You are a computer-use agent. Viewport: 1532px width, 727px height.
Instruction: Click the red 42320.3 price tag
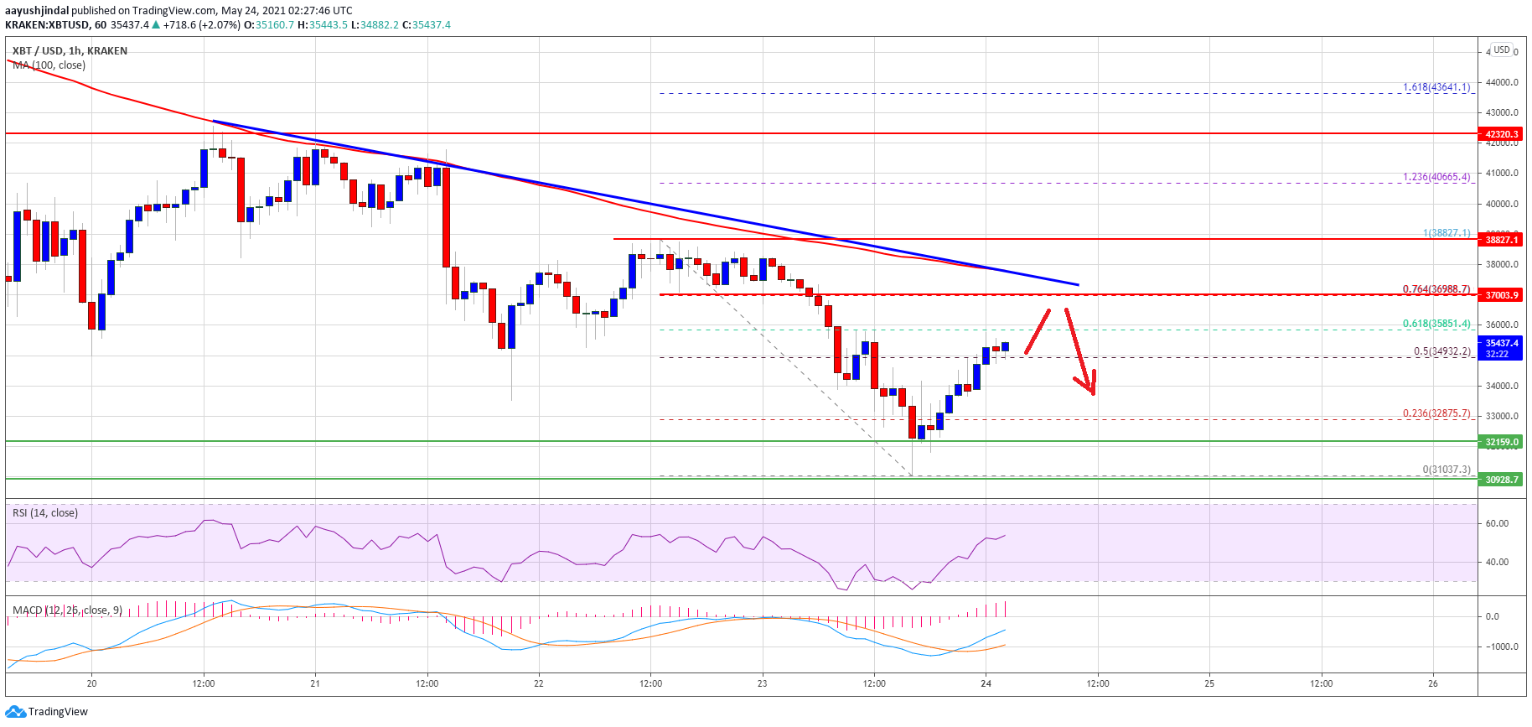(1501, 134)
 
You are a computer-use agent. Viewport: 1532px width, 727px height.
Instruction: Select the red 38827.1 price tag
(1501, 240)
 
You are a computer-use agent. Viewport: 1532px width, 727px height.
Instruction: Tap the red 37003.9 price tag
(1501, 295)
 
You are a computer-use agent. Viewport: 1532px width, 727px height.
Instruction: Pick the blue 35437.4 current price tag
(1501, 348)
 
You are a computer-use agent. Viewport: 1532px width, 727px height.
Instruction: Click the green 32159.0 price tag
(1501, 442)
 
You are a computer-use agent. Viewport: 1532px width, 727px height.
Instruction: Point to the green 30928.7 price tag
(1501, 480)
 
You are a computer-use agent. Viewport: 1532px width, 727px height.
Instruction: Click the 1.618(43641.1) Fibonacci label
(1436, 87)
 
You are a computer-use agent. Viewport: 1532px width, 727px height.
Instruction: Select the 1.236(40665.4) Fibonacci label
(1436, 177)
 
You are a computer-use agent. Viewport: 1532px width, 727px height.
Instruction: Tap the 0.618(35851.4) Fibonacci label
(1436, 324)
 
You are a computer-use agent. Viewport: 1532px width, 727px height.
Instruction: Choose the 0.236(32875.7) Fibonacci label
(1436, 413)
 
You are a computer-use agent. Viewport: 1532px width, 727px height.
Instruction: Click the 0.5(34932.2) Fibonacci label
(1441, 351)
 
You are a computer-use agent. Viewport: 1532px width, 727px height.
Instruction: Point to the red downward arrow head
(1090, 387)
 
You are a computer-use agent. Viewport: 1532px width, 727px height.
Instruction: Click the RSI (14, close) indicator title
(45, 513)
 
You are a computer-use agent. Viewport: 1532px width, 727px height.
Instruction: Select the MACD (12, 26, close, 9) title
(67, 610)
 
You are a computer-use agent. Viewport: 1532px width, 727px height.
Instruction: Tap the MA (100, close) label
(49, 65)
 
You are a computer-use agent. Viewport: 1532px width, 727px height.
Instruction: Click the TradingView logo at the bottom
(47, 712)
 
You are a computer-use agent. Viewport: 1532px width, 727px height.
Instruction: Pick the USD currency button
(1502, 49)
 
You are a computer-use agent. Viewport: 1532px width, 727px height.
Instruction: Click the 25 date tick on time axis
(1209, 683)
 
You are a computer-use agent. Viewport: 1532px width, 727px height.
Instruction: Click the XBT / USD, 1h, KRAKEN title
(70, 51)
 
